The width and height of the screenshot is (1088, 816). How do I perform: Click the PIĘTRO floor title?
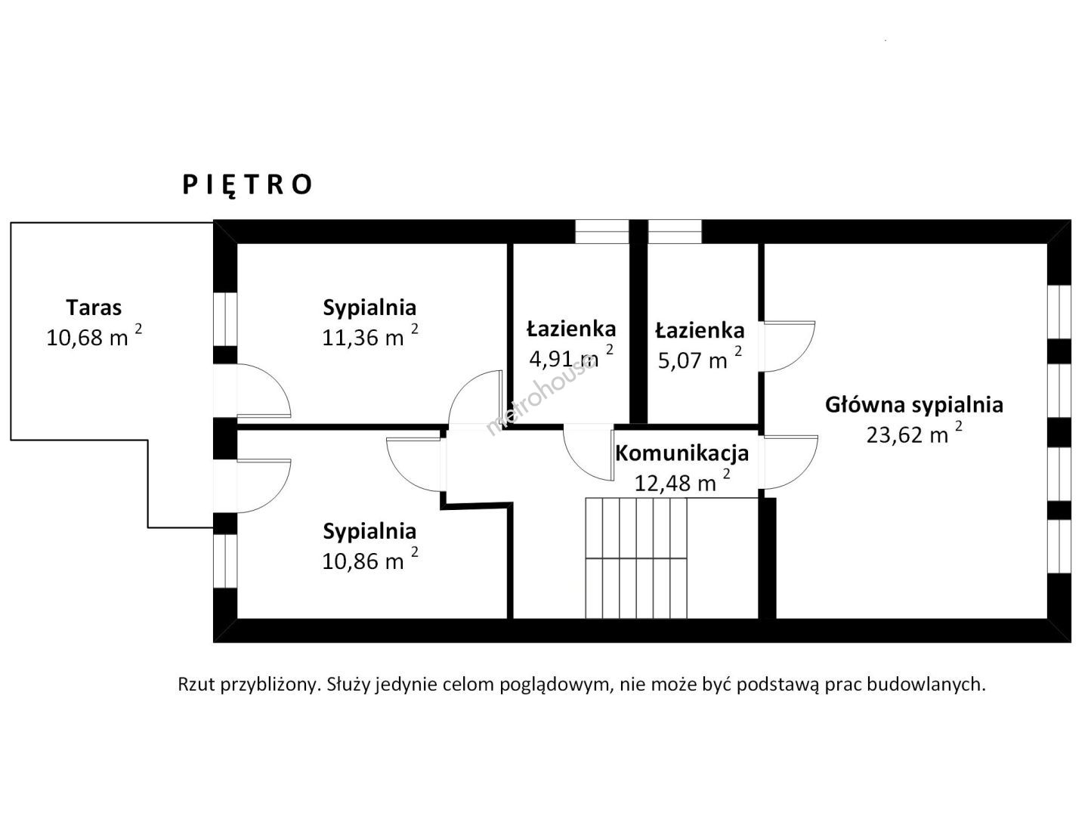pos(247,185)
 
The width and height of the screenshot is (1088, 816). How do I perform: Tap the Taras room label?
pos(94,308)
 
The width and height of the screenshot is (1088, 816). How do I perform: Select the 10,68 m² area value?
pos(94,336)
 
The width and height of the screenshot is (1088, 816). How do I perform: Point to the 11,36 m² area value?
pos(369,336)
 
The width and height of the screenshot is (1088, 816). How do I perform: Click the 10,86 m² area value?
pos(369,561)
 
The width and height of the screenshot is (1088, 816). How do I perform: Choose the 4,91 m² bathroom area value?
pos(570,357)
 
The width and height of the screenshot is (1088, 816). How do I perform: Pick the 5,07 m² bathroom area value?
pos(700,360)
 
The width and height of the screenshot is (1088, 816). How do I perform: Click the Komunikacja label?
pos(682,453)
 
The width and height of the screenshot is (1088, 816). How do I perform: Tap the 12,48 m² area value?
pos(682,482)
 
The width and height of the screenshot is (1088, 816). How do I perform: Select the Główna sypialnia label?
pos(913,405)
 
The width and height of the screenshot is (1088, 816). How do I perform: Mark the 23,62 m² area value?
pos(913,434)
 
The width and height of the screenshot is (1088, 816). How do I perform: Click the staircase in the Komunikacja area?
pos(636,558)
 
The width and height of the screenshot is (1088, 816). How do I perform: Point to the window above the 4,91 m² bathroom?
pos(601,231)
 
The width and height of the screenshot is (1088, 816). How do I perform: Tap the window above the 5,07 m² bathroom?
pos(675,231)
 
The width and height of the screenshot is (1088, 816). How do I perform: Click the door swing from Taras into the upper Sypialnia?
pos(262,391)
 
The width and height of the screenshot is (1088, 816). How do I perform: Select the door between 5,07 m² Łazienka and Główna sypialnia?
pos(787,346)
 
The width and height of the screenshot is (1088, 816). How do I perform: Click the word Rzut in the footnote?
pos(194,685)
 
